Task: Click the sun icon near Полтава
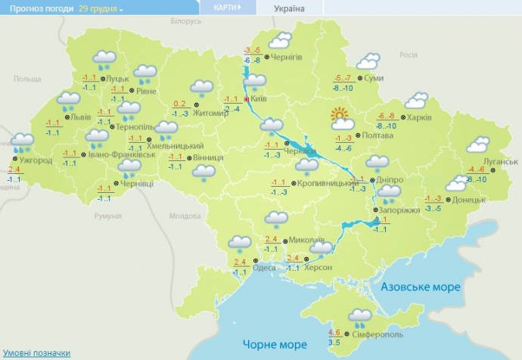[x=341, y=117]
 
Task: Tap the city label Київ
[x=258, y=99]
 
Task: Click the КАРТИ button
[x=227, y=8]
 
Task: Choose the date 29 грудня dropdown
[x=101, y=8]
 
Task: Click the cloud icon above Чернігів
[x=281, y=40]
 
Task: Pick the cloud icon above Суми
[x=368, y=61]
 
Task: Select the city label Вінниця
[x=207, y=158]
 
